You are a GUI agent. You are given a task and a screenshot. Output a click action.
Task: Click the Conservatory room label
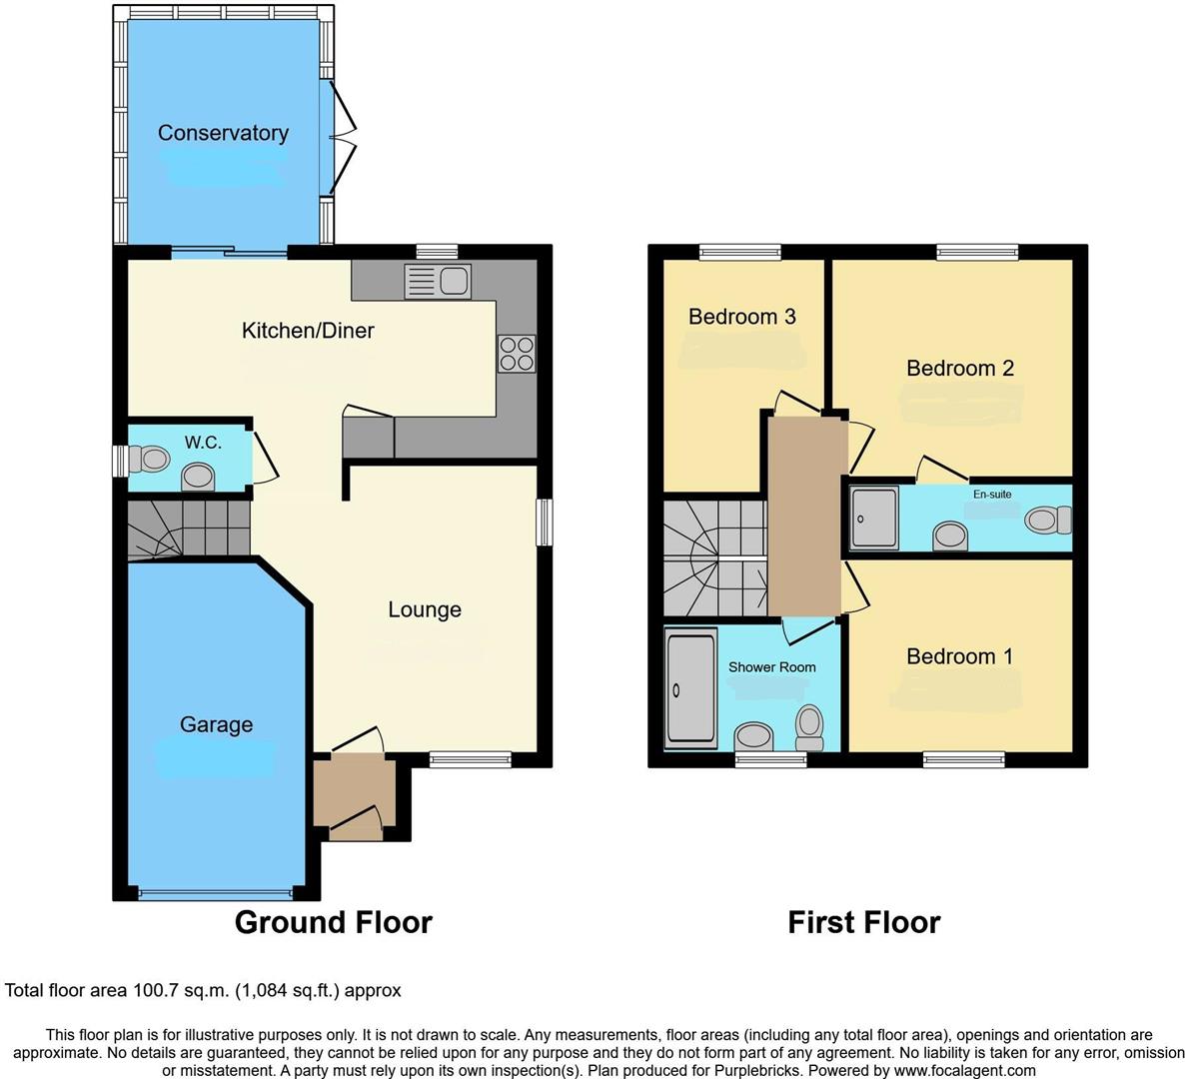point(223,133)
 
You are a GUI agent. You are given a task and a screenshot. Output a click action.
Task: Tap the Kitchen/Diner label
point(308,331)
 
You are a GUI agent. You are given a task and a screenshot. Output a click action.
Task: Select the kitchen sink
point(437,281)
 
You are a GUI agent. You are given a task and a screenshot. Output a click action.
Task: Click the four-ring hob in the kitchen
point(517,354)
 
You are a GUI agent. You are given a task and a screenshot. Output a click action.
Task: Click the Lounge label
point(425,609)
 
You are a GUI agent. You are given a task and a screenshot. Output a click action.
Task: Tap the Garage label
point(216,724)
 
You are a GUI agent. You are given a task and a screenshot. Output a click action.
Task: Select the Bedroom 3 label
point(741,317)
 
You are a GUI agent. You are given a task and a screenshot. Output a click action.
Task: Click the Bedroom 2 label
point(959,368)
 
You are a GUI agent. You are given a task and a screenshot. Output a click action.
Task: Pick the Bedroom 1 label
point(959,656)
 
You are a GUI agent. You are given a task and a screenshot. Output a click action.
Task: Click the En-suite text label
point(992,494)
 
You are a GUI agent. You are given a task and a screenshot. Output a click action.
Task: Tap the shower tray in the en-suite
point(875,518)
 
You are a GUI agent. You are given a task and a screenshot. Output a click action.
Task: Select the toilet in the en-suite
point(1047,520)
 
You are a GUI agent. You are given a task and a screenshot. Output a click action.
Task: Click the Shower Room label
point(771,666)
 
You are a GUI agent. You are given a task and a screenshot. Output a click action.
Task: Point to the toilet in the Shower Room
point(808,726)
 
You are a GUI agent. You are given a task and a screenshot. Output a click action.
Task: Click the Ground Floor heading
point(333,922)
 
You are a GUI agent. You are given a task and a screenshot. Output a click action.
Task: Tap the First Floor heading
point(863,922)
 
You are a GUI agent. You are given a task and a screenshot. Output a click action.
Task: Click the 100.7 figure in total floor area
point(155,991)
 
